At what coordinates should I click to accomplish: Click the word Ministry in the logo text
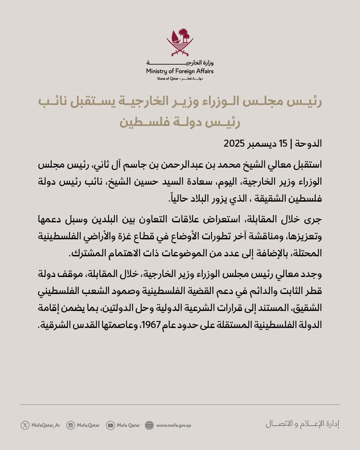pyautogui.click(x=156, y=71)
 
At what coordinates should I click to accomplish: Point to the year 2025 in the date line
pyautogui.click(x=234, y=144)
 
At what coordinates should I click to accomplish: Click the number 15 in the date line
pyautogui.click(x=283, y=144)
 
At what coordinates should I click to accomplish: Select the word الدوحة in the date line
pyautogui.click(x=308, y=144)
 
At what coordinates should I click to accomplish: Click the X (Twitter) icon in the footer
pyautogui.click(x=25, y=425)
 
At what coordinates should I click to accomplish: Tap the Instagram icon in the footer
pyautogui.click(x=71, y=425)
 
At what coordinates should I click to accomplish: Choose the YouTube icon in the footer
pyautogui.click(x=110, y=425)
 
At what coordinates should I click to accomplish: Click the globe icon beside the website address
pyautogui.click(x=149, y=425)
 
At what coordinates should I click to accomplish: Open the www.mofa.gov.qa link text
pyautogui.click(x=173, y=425)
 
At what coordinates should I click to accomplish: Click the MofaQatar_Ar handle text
pyautogui.click(x=46, y=425)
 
